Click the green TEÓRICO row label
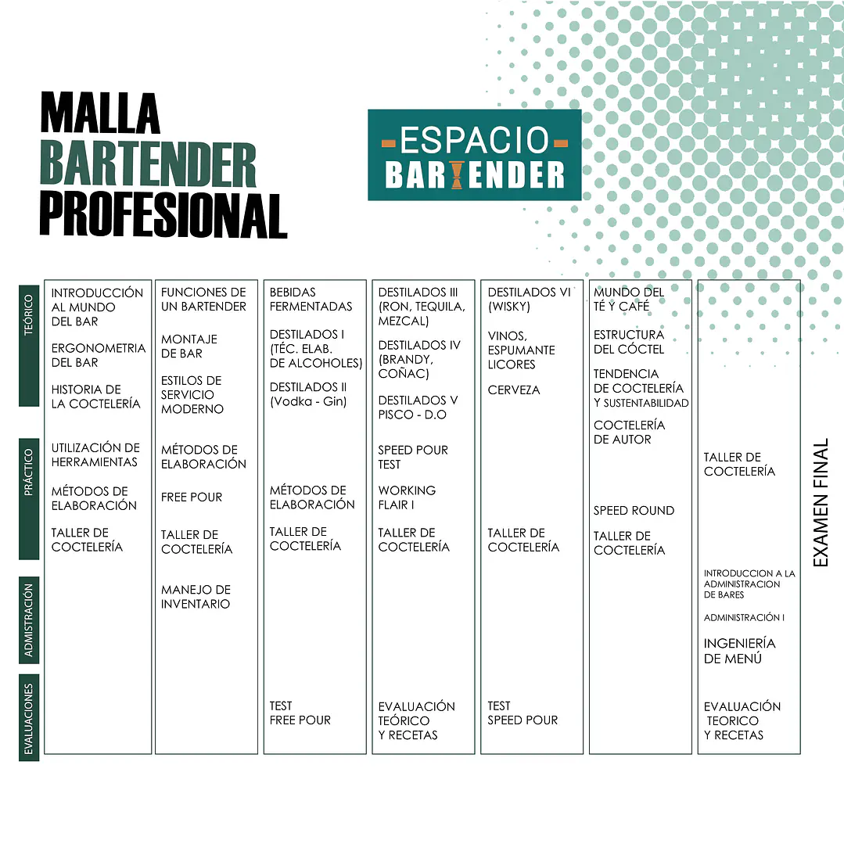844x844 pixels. point(29,346)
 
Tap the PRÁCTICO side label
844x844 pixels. point(29,499)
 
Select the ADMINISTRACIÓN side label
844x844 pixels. point(29,620)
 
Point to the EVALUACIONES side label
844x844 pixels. point(29,717)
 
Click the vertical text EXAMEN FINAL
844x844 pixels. point(820,502)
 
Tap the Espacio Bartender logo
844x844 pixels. point(474,155)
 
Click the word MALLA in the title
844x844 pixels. point(100,113)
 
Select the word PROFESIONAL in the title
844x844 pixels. point(163,216)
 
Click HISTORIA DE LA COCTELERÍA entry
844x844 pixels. point(95,397)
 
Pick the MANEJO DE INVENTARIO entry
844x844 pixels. point(196,597)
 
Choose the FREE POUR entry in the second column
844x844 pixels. point(192,497)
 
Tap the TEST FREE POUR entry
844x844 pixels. point(300,713)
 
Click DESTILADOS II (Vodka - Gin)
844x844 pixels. point(308,394)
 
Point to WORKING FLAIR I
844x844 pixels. point(407,498)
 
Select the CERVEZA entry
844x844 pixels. point(513,390)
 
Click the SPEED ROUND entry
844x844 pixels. point(634,511)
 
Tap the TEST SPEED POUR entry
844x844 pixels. point(523,713)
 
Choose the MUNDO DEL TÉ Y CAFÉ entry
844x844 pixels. point(629,300)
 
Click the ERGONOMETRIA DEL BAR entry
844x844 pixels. point(99,355)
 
